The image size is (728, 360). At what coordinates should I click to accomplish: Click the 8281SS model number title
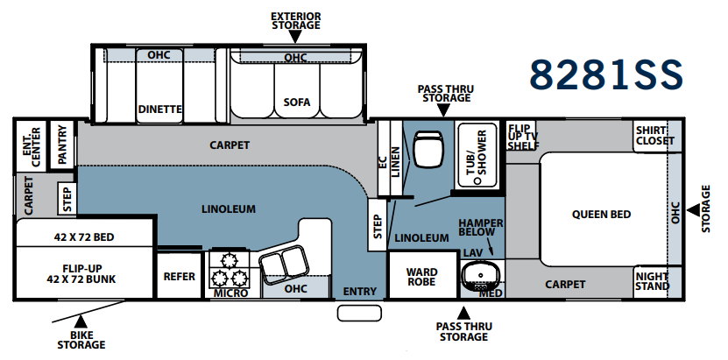(x=606, y=74)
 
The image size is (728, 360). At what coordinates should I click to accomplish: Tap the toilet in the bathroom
(x=428, y=148)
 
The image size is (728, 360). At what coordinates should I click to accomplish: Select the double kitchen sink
(x=284, y=263)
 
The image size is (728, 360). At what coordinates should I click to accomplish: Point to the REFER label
(x=180, y=277)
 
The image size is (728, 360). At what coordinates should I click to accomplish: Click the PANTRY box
(x=61, y=145)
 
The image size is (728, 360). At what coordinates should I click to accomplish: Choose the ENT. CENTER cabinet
(x=32, y=145)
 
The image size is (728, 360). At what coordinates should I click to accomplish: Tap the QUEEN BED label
(x=601, y=215)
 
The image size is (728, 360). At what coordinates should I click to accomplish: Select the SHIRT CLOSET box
(x=654, y=136)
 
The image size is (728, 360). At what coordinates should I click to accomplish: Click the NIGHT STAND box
(x=653, y=281)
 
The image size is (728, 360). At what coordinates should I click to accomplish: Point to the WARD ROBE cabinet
(x=422, y=276)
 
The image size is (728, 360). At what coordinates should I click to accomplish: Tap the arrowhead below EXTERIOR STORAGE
(x=296, y=37)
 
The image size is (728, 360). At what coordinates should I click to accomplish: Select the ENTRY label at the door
(x=360, y=292)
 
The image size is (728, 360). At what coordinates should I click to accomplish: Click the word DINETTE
(x=160, y=109)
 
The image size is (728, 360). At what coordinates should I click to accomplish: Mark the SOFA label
(x=297, y=102)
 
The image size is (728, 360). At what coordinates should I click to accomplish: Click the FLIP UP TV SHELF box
(x=521, y=137)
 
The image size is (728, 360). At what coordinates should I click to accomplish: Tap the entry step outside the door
(x=359, y=314)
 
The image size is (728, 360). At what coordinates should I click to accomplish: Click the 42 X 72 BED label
(x=84, y=237)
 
